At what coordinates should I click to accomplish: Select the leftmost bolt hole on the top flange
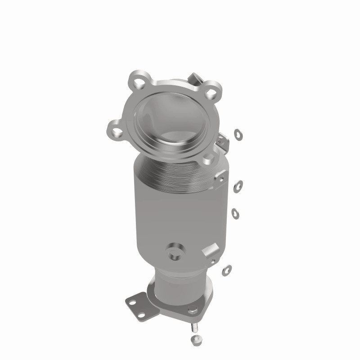pyautogui.click(x=117, y=131)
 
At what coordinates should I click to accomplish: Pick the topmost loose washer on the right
pyautogui.click(x=238, y=133)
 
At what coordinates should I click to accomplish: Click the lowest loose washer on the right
pyautogui.click(x=227, y=270)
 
